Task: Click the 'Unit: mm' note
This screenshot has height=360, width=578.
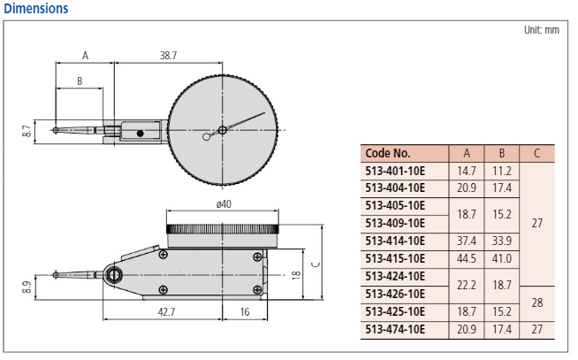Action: pyautogui.click(x=541, y=30)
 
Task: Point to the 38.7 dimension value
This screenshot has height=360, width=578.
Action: pyautogui.click(x=168, y=55)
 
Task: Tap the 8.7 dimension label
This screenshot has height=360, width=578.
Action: pyautogui.click(x=27, y=131)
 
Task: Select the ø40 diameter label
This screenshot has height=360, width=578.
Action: pyautogui.click(x=224, y=205)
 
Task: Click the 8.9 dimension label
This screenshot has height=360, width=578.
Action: pyautogui.click(x=27, y=287)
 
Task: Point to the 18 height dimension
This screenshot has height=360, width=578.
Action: pyautogui.click(x=297, y=274)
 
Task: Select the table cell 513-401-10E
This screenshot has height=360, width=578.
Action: pyautogui.click(x=395, y=170)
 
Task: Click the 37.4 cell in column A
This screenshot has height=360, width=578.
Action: pyautogui.click(x=466, y=241)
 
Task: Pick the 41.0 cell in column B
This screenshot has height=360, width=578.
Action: pyautogui.click(x=502, y=258)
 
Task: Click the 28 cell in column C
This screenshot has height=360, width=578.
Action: pyautogui.click(x=536, y=303)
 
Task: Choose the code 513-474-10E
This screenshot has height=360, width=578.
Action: pyautogui.click(x=395, y=329)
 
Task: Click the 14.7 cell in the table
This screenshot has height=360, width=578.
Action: pyautogui.click(x=466, y=170)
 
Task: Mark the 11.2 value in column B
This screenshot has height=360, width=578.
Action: pyautogui.click(x=502, y=170)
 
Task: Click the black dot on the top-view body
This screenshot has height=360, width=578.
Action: pyautogui.click(x=139, y=134)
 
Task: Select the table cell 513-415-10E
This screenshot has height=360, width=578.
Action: pyautogui.click(x=395, y=258)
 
